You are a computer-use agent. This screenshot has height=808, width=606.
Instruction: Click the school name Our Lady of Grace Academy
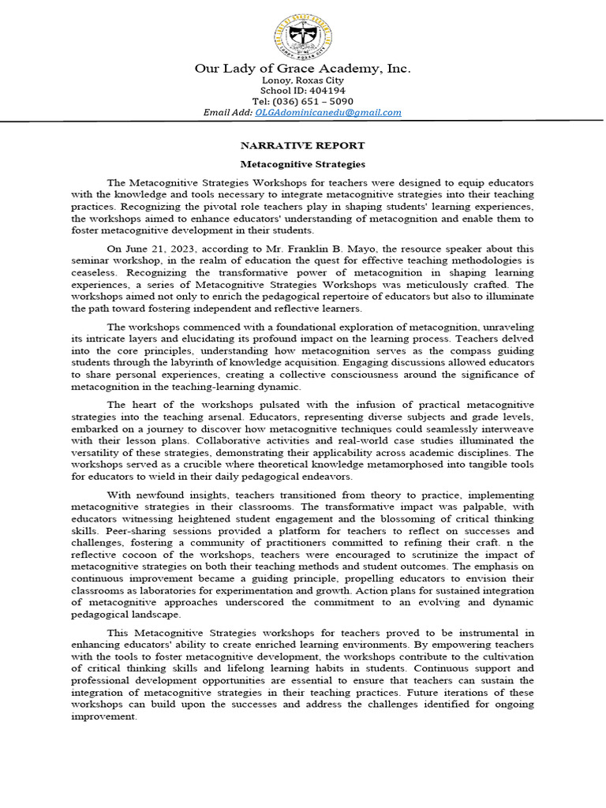(302, 69)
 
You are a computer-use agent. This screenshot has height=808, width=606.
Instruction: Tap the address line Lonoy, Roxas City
(302, 80)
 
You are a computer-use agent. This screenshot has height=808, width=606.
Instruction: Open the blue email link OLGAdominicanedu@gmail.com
(327, 113)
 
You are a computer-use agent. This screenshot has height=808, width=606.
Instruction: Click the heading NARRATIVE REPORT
(302, 145)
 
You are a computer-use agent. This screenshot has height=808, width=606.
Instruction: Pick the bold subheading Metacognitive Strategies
(302, 164)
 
